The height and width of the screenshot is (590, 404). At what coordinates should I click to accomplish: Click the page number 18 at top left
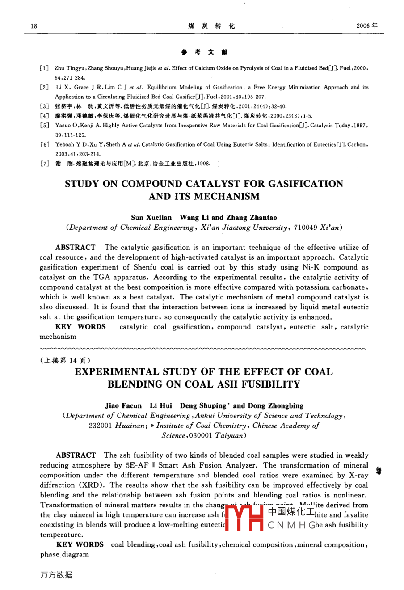[34, 26]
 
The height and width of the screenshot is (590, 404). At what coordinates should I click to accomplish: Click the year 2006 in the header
[363, 26]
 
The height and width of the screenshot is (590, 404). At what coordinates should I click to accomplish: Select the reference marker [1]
[44, 68]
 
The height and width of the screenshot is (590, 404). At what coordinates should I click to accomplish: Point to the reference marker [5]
[44, 126]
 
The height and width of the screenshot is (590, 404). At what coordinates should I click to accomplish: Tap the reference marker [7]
[44, 164]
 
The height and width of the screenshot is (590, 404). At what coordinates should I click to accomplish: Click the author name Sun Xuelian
[151, 218]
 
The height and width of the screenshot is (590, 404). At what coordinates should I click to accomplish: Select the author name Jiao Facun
[123, 406]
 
